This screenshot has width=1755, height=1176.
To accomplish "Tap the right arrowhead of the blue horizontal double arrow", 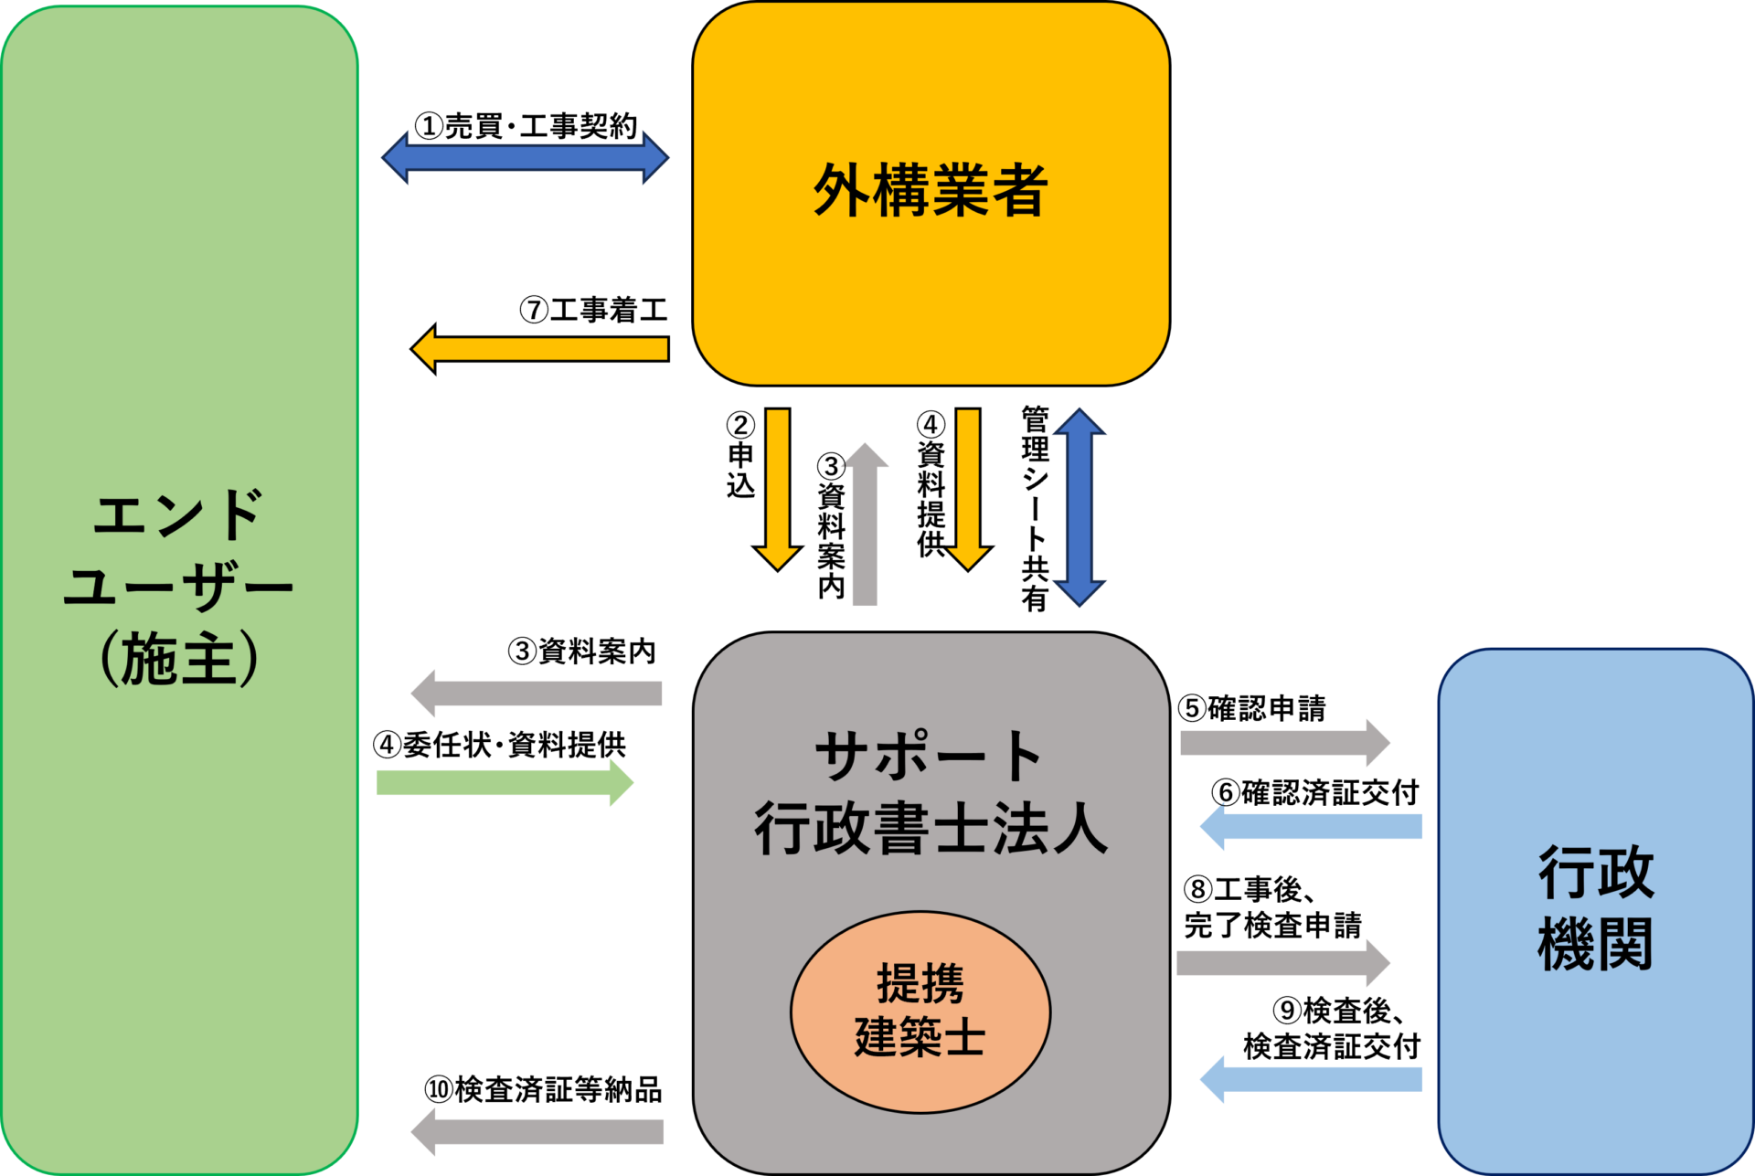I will pyautogui.click(x=654, y=158).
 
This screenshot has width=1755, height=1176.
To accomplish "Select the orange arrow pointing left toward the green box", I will pyautogui.click(x=539, y=349).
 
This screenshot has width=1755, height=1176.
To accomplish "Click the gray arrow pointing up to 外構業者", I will pyautogui.click(x=864, y=525).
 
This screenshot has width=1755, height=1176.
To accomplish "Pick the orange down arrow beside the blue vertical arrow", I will pyautogui.click(x=968, y=489).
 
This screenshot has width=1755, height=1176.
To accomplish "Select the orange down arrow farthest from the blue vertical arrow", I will pyautogui.click(x=778, y=489).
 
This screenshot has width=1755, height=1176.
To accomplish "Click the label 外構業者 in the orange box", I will pyautogui.click(x=931, y=191).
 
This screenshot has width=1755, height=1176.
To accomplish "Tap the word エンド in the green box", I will pyautogui.click(x=178, y=514).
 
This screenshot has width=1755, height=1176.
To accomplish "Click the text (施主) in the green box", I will pyautogui.click(x=178, y=659).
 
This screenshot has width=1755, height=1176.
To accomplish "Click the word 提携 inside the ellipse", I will pyautogui.click(x=920, y=984).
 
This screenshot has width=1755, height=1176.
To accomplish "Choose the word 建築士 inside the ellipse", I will pyautogui.click(x=920, y=1037).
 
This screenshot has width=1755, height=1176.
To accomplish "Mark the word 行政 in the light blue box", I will pyautogui.click(x=1596, y=873).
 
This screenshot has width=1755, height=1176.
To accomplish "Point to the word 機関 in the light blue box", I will pyautogui.click(x=1596, y=944).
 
